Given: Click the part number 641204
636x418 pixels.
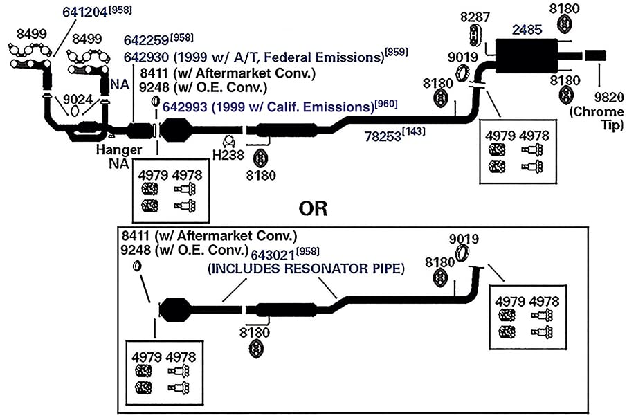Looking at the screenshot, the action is [84, 12].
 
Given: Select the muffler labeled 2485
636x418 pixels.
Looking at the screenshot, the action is [526, 56].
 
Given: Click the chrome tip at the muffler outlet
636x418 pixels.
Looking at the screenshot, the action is [595, 55].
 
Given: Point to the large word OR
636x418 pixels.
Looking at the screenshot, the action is [313, 208].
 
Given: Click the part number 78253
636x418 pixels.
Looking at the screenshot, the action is [383, 136].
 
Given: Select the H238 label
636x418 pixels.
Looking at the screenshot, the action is [228, 154].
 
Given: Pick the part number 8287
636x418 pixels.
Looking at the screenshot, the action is [475, 17].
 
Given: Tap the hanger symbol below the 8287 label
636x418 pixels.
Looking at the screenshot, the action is [475, 35].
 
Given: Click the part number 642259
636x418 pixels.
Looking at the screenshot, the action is [146, 40].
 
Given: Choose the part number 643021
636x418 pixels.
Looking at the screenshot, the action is [273, 255].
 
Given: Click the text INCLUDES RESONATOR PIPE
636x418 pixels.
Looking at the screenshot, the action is [307, 269].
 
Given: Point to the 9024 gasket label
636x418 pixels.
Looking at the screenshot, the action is [78, 100].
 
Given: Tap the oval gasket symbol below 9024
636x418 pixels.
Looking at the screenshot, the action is [75, 111].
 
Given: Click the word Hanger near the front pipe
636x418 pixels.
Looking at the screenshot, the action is [119, 149].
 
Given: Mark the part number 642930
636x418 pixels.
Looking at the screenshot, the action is [146, 57].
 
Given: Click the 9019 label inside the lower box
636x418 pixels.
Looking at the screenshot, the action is [464, 239].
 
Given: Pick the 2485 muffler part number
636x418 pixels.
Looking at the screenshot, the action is [527, 30].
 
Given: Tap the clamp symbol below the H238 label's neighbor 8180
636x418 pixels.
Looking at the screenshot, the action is [260, 158].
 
